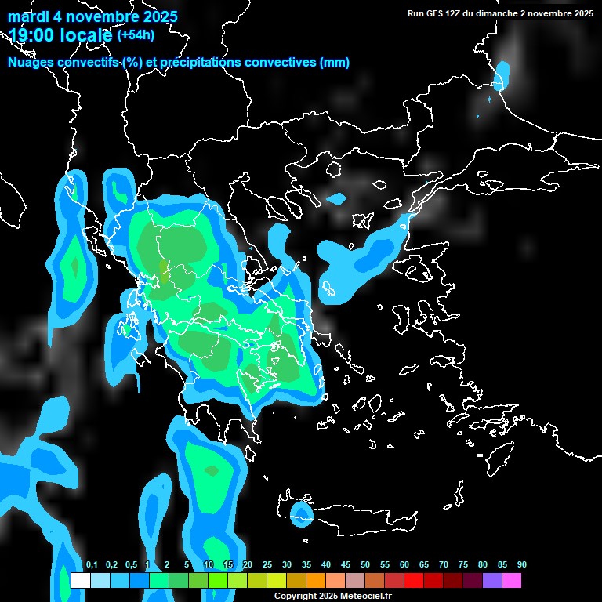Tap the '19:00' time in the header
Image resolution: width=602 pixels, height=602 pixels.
pos(32,34)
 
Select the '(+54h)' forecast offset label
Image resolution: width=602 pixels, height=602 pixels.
pos(135,34)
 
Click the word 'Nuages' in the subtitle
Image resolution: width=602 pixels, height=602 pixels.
pos(31,63)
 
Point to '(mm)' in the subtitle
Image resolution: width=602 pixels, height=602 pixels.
pos(335,63)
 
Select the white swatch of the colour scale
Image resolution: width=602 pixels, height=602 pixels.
pos(80,581)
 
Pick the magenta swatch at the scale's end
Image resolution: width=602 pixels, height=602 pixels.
pos(512,581)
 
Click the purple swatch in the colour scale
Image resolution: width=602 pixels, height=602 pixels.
pos(492,581)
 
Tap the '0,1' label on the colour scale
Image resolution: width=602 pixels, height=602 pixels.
pos(92,565)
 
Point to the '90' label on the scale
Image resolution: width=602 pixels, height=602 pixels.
pos(521,565)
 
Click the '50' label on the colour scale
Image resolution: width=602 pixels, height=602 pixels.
pos(365,565)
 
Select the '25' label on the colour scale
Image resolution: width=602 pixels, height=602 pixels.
pos(267,565)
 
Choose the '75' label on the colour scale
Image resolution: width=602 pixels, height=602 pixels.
pos(463,565)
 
